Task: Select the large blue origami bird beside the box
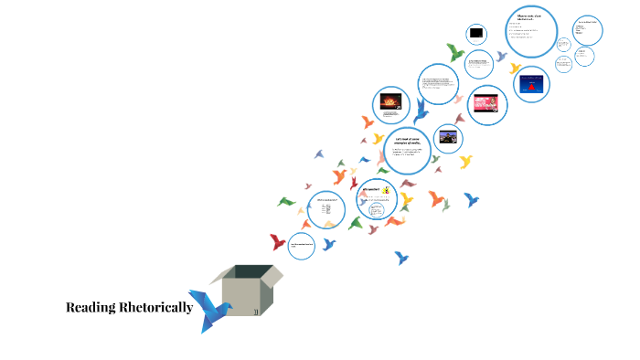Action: [x=213, y=311]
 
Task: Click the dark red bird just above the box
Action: [x=278, y=242]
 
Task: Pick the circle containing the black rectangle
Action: [x=475, y=35]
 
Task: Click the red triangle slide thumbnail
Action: [x=531, y=84]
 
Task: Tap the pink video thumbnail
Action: [x=487, y=103]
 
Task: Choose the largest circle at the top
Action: [x=531, y=32]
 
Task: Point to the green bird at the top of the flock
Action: [x=454, y=52]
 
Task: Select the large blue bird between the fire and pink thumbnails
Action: [x=421, y=111]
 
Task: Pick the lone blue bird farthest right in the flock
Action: [x=471, y=199]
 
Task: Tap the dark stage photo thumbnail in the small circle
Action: [x=447, y=138]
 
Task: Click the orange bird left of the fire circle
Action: [x=367, y=121]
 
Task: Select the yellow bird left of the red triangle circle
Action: [x=515, y=69]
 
